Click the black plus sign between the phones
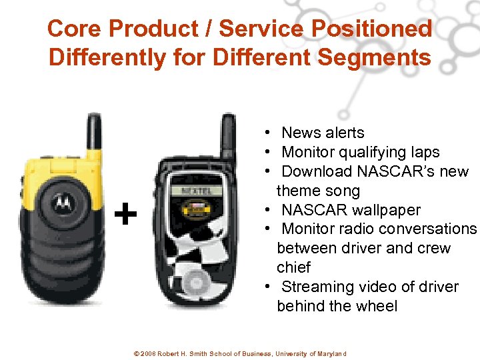point(125,215)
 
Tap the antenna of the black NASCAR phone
point(227,139)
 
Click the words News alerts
point(323,133)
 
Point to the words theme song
point(318,191)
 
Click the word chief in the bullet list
point(293,267)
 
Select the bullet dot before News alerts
point(266,133)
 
